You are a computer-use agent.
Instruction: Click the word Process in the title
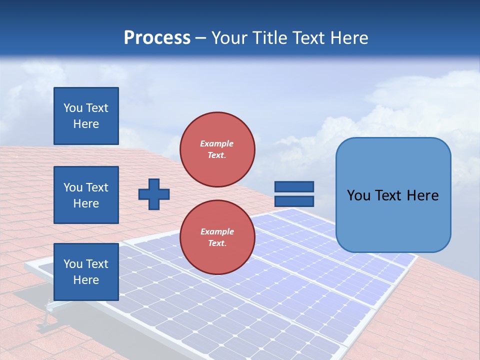coord(157,37)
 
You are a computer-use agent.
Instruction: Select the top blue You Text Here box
coord(86,116)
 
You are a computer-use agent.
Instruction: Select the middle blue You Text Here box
coord(86,195)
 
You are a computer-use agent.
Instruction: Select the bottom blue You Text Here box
coord(86,272)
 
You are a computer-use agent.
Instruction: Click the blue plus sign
coord(154,194)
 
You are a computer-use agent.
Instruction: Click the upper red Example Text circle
coord(217,149)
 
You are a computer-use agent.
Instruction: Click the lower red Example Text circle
coord(217,237)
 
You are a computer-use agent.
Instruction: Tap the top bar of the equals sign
coord(294,186)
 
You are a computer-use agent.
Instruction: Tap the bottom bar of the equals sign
coord(294,201)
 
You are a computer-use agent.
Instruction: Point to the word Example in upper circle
coord(217,144)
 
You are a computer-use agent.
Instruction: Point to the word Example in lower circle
coord(217,232)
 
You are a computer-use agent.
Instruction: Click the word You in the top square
coord(73,108)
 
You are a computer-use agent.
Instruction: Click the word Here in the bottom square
coord(86,280)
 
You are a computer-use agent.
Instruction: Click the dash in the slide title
coord(200,38)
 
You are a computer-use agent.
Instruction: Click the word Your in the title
coord(229,37)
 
